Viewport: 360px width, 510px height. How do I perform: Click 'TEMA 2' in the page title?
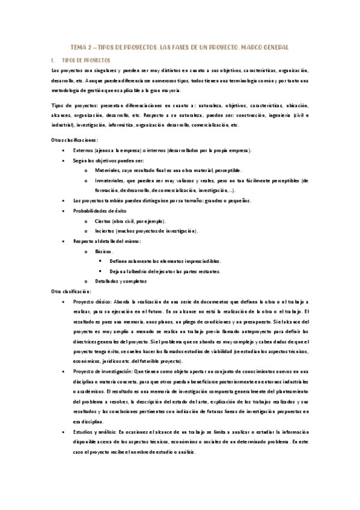[x=81, y=47]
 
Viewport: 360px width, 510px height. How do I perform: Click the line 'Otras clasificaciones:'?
[x=73, y=140]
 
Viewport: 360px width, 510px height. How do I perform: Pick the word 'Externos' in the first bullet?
[x=84, y=150]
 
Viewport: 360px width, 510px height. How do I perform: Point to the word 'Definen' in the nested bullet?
[x=119, y=262]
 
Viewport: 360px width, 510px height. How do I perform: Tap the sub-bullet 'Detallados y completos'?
[x=120, y=281]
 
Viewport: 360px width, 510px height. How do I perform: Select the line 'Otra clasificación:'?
[x=71, y=292]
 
